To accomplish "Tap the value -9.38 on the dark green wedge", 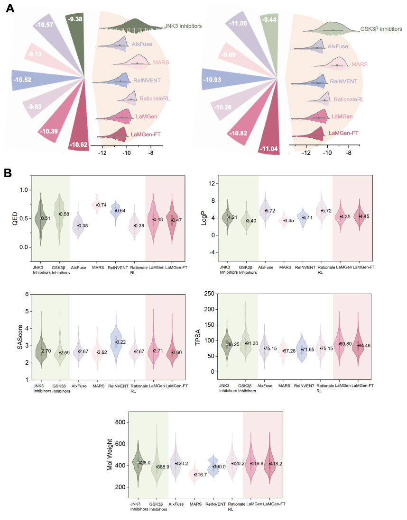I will [x=75, y=19].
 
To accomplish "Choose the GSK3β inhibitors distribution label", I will [x=381, y=29].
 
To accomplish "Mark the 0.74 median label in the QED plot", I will [x=102, y=205].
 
